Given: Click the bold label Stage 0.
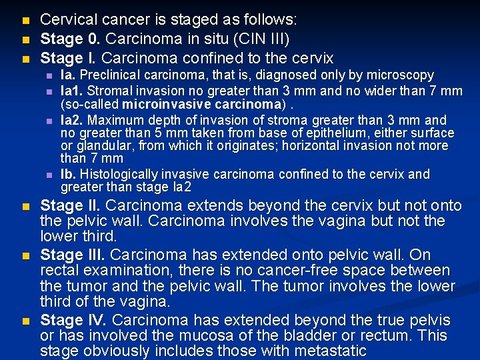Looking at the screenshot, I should [x=69, y=39].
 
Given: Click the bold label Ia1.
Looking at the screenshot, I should [x=71, y=90].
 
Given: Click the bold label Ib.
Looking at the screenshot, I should [x=68, y=175].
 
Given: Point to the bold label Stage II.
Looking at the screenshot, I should [x=71, y=205].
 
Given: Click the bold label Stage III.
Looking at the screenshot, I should [x=73, y=255].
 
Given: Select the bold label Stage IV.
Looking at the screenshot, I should [x=73, y=320].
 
